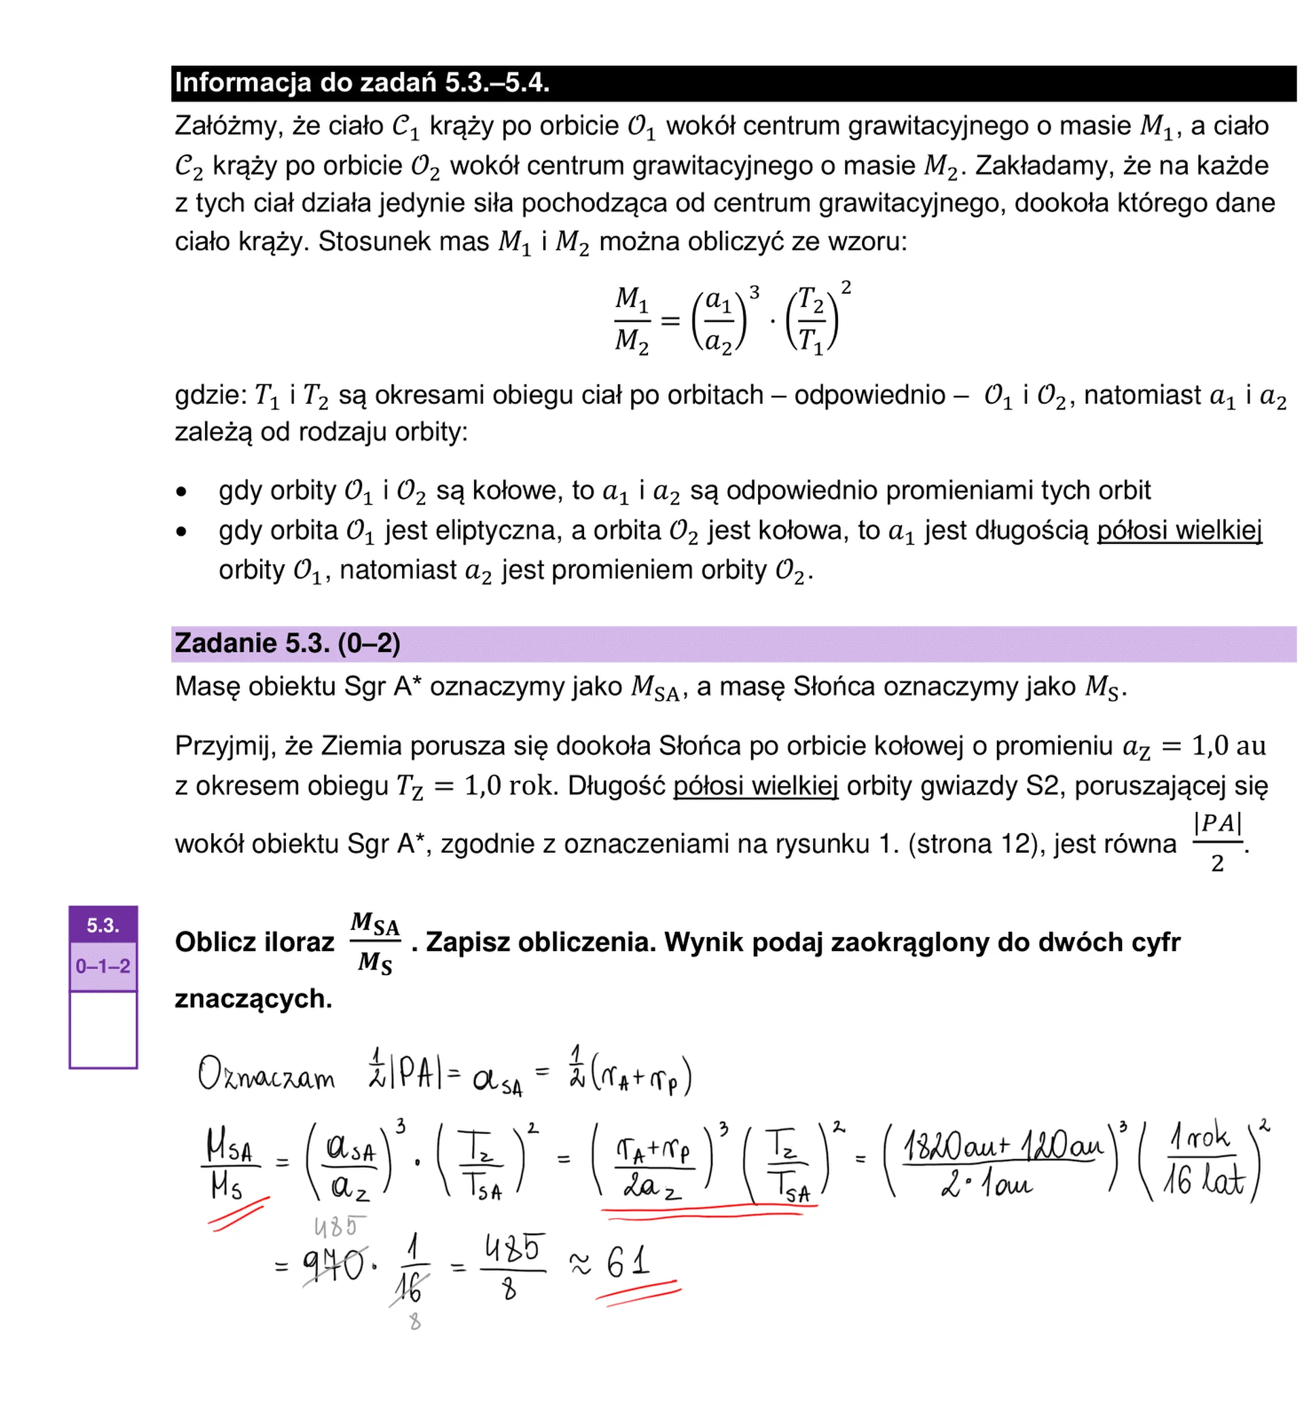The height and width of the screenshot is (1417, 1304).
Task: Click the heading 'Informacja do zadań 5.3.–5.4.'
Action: (361, 84)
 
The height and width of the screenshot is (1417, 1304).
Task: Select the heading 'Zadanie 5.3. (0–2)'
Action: (287, 643)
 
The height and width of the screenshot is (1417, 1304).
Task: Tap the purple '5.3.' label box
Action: (103, 925)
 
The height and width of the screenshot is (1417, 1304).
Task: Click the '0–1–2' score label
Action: (103, 965)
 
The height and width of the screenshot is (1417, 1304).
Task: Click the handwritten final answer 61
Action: (628, 1262)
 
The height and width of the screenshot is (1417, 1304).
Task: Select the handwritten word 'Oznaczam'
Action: (267, 1075)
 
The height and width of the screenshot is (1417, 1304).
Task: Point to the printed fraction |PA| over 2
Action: (1217, 843)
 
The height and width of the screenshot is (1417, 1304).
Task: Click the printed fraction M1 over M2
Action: (632, 320)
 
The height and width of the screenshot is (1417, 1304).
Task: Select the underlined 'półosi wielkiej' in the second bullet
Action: (1178, 530)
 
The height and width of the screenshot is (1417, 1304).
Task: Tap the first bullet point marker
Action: (182, 492)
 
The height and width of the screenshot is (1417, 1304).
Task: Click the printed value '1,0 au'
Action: (1229, 746)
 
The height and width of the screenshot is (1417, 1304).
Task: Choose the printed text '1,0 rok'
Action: (510, 785)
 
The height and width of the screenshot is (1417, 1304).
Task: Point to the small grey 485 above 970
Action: (340, 1228)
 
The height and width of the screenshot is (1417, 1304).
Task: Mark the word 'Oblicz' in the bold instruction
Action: (219, 942)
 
